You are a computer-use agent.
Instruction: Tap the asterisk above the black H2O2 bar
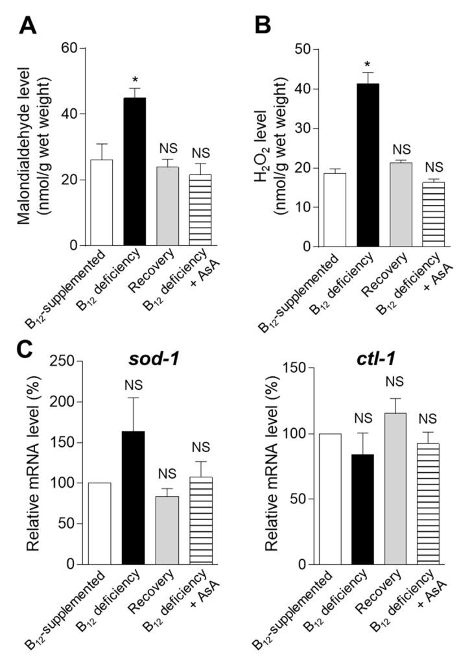pyautogui.click(x=368, y=64)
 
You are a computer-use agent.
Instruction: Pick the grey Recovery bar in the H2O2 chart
pyautogui.click(x=402, y=204)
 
